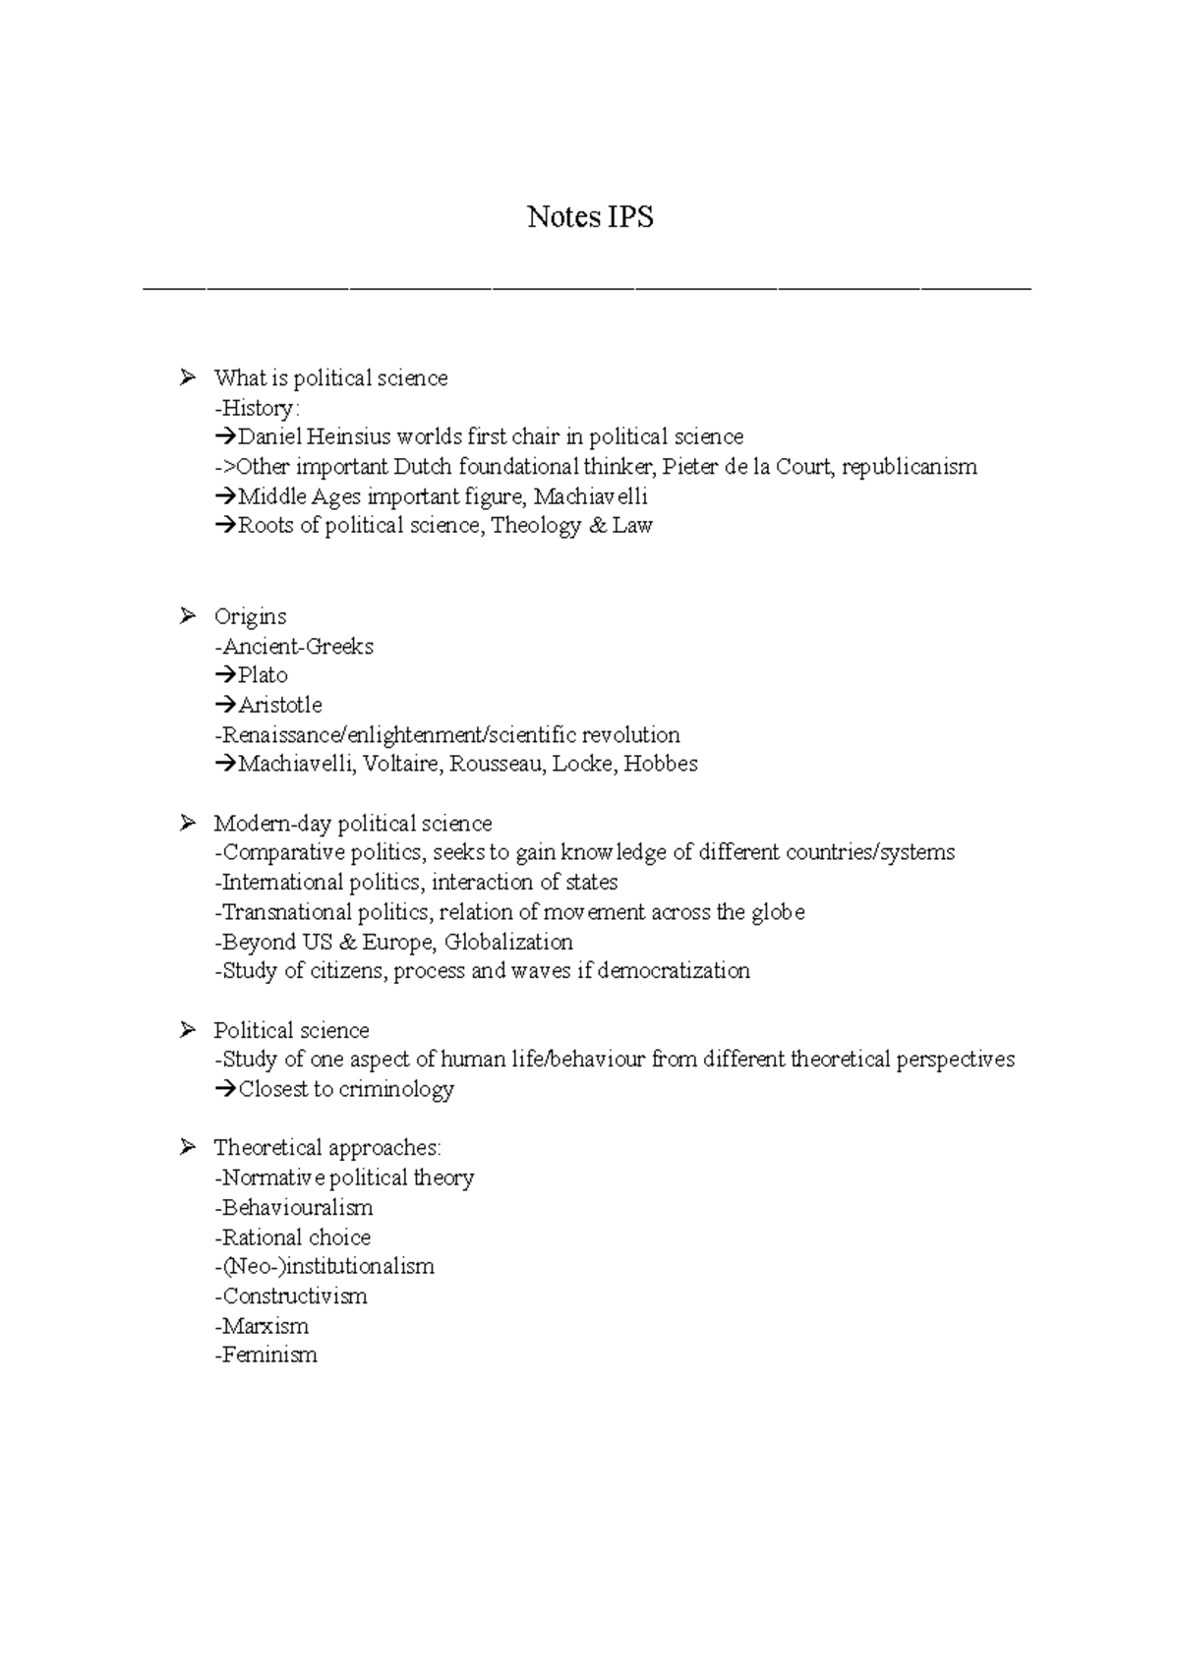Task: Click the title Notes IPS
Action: pos(590,217)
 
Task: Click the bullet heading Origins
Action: pos(250,617)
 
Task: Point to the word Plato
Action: pos(263,675)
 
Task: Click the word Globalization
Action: pos(508,942)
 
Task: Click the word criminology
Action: pos(396,1089)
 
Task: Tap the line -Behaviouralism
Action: pos(293,1207)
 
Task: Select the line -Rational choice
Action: pos(292,1237)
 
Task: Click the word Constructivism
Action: pos(295,1296)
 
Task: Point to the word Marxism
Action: pos(265,1326)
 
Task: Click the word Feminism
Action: pos(269,1355)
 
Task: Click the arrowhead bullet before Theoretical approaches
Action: pos(188,1147)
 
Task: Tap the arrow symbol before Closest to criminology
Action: pos(225,1089)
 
